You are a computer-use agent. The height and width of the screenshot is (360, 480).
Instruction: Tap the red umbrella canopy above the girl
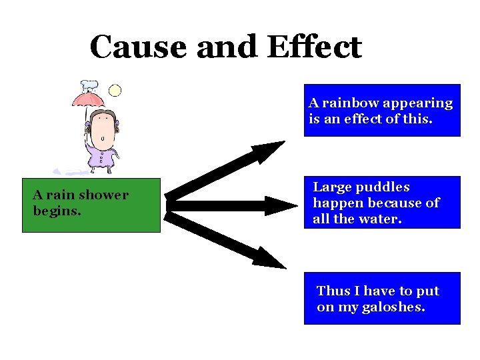click(89, 99)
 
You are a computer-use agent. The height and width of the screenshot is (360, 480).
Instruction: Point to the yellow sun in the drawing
click(115, 90)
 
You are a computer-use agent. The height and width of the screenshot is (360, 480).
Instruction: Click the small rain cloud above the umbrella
click(89, 85)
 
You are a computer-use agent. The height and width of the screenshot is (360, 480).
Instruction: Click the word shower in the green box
click(103, 195)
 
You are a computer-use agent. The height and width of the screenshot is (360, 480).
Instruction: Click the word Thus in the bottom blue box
click(333, 291)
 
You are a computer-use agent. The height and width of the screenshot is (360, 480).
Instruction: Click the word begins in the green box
click(57, 211)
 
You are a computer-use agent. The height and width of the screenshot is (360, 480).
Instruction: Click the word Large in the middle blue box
click(332, 187)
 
